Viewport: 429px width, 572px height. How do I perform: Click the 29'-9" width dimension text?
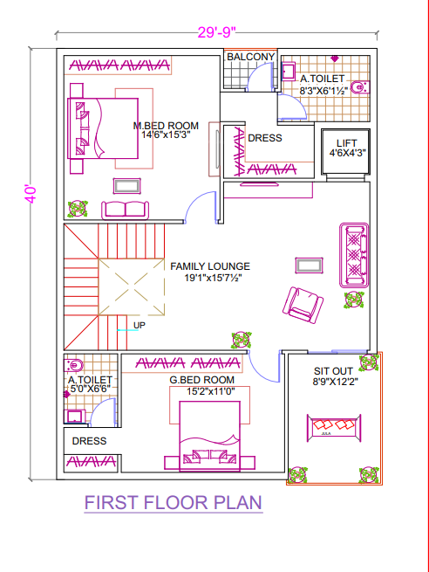pos(216,32)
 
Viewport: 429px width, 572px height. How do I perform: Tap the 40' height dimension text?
pos(31,195)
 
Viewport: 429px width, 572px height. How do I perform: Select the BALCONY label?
pos(250,57)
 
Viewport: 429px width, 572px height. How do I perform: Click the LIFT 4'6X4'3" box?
pos(345,151)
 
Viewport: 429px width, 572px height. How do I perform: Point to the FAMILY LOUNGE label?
pos(210,266)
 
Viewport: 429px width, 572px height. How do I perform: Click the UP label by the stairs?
pos(140,325)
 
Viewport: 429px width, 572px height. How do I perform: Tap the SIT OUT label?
pos(333,371)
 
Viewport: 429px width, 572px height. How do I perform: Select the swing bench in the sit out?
pos(334,428)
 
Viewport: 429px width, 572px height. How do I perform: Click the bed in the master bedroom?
pos(103,128)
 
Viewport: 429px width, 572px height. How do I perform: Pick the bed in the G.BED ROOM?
pos(209,436)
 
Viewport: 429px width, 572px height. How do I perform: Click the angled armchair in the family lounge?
pos(303,305)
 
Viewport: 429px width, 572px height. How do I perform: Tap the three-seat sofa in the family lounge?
pos(354,255)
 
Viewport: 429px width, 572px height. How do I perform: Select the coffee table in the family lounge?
pos(310,265)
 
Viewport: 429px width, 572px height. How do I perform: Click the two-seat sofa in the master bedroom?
pos(125,210)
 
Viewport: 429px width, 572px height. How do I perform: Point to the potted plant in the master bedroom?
pos(78,209)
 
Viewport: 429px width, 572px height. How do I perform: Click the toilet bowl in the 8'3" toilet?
pos(359,87)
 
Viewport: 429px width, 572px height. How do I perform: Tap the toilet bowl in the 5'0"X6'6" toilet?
pos(73,364)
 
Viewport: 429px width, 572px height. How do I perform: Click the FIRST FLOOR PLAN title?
pos(174,502)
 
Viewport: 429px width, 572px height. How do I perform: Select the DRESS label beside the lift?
pos(265,138)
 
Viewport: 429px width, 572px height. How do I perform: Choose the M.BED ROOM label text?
pos(166,126)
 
